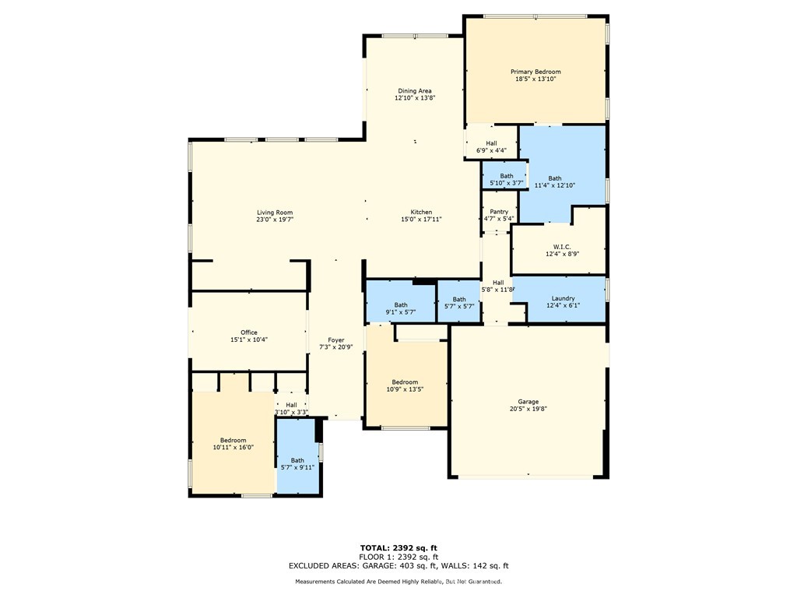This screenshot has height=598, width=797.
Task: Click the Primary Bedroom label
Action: click(x=535, y=72)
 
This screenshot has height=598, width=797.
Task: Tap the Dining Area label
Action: click(x=415, y=91)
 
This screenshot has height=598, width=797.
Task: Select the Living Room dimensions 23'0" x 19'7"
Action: click(x=275, y=220)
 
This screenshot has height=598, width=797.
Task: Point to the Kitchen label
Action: click(x=421, y=212)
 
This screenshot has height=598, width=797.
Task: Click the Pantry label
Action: click(x=499, y=212)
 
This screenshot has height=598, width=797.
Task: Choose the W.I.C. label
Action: click(x=562, y=247)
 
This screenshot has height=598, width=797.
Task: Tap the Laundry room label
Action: click(x=564, y=298)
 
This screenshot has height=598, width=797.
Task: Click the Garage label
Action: click(x=528, y=402)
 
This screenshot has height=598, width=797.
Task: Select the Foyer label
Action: click(x=336, y=340)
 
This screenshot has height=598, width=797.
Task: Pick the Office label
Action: click(x=249, y=332)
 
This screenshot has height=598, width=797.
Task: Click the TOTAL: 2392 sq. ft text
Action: click(x=398, y=548)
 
